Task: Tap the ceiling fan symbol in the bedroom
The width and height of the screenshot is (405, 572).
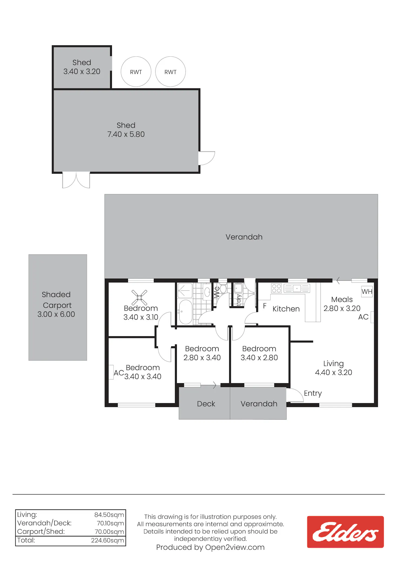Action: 139,297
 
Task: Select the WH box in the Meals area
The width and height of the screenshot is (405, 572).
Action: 367,292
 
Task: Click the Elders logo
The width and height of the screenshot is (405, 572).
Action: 345,532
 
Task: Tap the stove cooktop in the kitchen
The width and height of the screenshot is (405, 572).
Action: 276,288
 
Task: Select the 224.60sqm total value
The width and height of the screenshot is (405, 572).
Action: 107,540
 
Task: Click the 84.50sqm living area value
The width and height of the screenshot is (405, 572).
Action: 109,515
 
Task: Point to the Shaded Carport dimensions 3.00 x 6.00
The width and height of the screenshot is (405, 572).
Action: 56,314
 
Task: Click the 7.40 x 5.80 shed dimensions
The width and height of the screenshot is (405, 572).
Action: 126,134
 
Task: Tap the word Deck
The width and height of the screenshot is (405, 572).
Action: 206,404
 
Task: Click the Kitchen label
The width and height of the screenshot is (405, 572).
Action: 286,309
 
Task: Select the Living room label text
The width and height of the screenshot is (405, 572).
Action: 333,364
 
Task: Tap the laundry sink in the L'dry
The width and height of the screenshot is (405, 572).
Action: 238,288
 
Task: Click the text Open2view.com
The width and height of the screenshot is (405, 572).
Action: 235,547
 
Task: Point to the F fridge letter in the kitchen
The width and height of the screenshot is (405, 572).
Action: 265,306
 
